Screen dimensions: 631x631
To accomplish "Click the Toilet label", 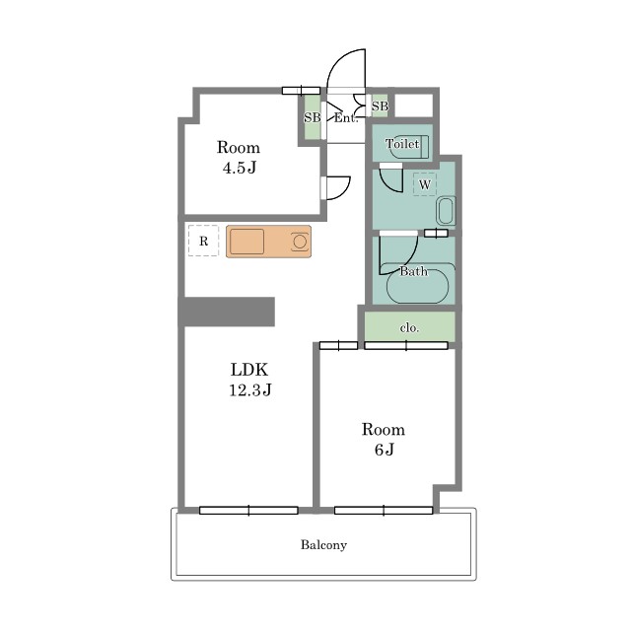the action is click(x=402, y=144).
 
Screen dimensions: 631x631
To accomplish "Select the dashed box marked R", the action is click(x=204, y=241).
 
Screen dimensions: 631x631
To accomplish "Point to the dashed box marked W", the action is click(x=425, y=184).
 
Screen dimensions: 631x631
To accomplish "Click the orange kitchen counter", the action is click(x=268, y=242).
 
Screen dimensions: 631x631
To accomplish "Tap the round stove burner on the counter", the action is click(x=300, y=242).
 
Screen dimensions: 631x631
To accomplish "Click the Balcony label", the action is click(x=323, y=545).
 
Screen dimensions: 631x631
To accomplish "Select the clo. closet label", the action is click(x=410, y=328).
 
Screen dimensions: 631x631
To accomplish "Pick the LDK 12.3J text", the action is click(x=250, y=380).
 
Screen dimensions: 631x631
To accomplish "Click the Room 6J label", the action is click(x=384, y=439).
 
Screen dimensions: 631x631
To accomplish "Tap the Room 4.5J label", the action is click(x=239, y=157).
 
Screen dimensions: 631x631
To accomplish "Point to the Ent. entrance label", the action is click(x=346, y=118).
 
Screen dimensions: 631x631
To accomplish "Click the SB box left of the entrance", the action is click(x=312, y=117).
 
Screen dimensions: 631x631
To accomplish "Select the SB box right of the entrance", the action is click(x=380, y=105).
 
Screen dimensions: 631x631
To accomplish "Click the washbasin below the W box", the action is click(x=446, y=210).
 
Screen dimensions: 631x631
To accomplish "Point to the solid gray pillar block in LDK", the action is click(x=227, y=312).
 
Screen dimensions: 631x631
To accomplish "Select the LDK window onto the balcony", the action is click(x=248, y=511).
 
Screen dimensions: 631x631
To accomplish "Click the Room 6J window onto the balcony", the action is click(x=384, y=511).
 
